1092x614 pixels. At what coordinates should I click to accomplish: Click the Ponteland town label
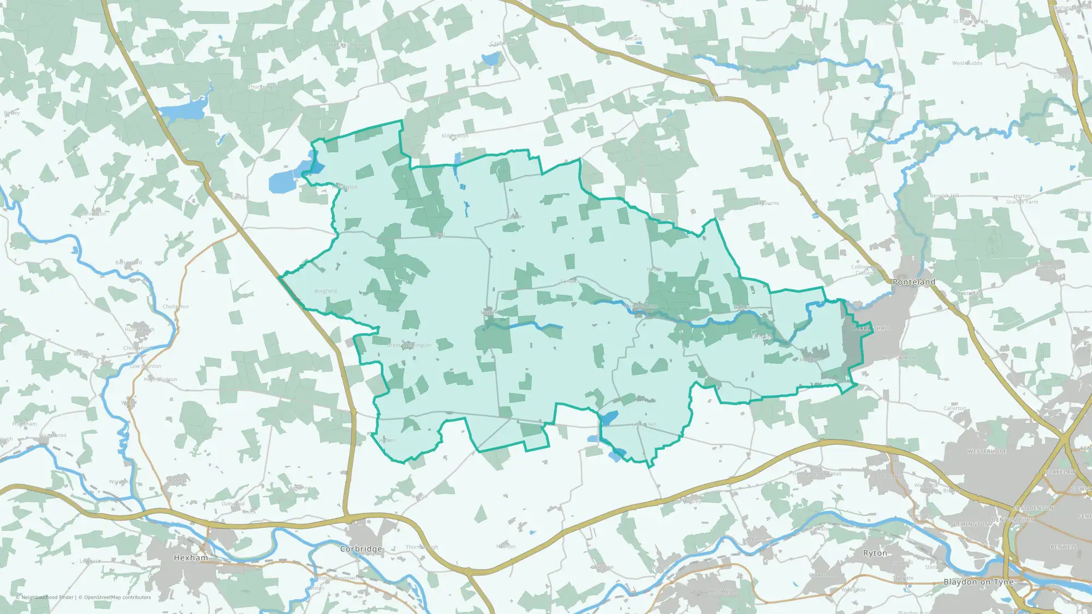click(913, 282)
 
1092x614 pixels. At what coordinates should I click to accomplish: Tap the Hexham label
click(191, 558)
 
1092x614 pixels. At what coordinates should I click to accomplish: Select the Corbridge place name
click(361, 549)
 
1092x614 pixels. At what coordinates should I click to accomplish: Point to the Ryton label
click(875, 553)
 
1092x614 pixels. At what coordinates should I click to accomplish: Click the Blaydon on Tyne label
click(978, 582)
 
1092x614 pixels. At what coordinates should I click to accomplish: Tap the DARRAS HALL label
click(871, 329)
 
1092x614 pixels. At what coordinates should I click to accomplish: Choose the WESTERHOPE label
click(987, 451)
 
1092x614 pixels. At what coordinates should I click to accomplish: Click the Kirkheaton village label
click(455, 136)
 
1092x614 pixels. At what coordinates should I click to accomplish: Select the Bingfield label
click(325, 291)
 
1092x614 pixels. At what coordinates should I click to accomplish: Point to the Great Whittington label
click(409, 345)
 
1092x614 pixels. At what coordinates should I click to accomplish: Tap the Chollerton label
click(175, 307)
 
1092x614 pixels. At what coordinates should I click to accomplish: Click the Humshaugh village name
click(140, 330)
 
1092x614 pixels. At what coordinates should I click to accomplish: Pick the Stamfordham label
click(640, 307)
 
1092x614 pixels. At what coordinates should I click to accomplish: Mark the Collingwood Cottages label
click(866, 270)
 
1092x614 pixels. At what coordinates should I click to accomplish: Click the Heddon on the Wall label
click(817, 474)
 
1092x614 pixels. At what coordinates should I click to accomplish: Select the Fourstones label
click(52, 436)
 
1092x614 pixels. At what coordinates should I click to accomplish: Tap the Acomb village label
click(177, 481)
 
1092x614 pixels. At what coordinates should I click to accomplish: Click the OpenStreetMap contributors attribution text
click(117, 597)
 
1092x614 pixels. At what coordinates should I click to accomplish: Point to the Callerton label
click(954, 408)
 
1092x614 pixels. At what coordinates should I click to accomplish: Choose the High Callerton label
click(900, 358)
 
